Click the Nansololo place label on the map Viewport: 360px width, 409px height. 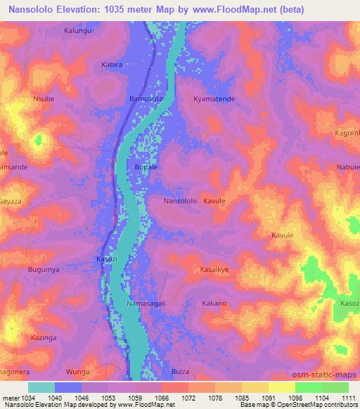coord(180,201)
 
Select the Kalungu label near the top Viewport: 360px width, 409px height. coord(78,31)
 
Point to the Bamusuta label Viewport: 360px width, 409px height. coord(146,99)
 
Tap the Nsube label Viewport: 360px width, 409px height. coord(43,99)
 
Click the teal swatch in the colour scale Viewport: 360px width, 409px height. coord(41,387)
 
